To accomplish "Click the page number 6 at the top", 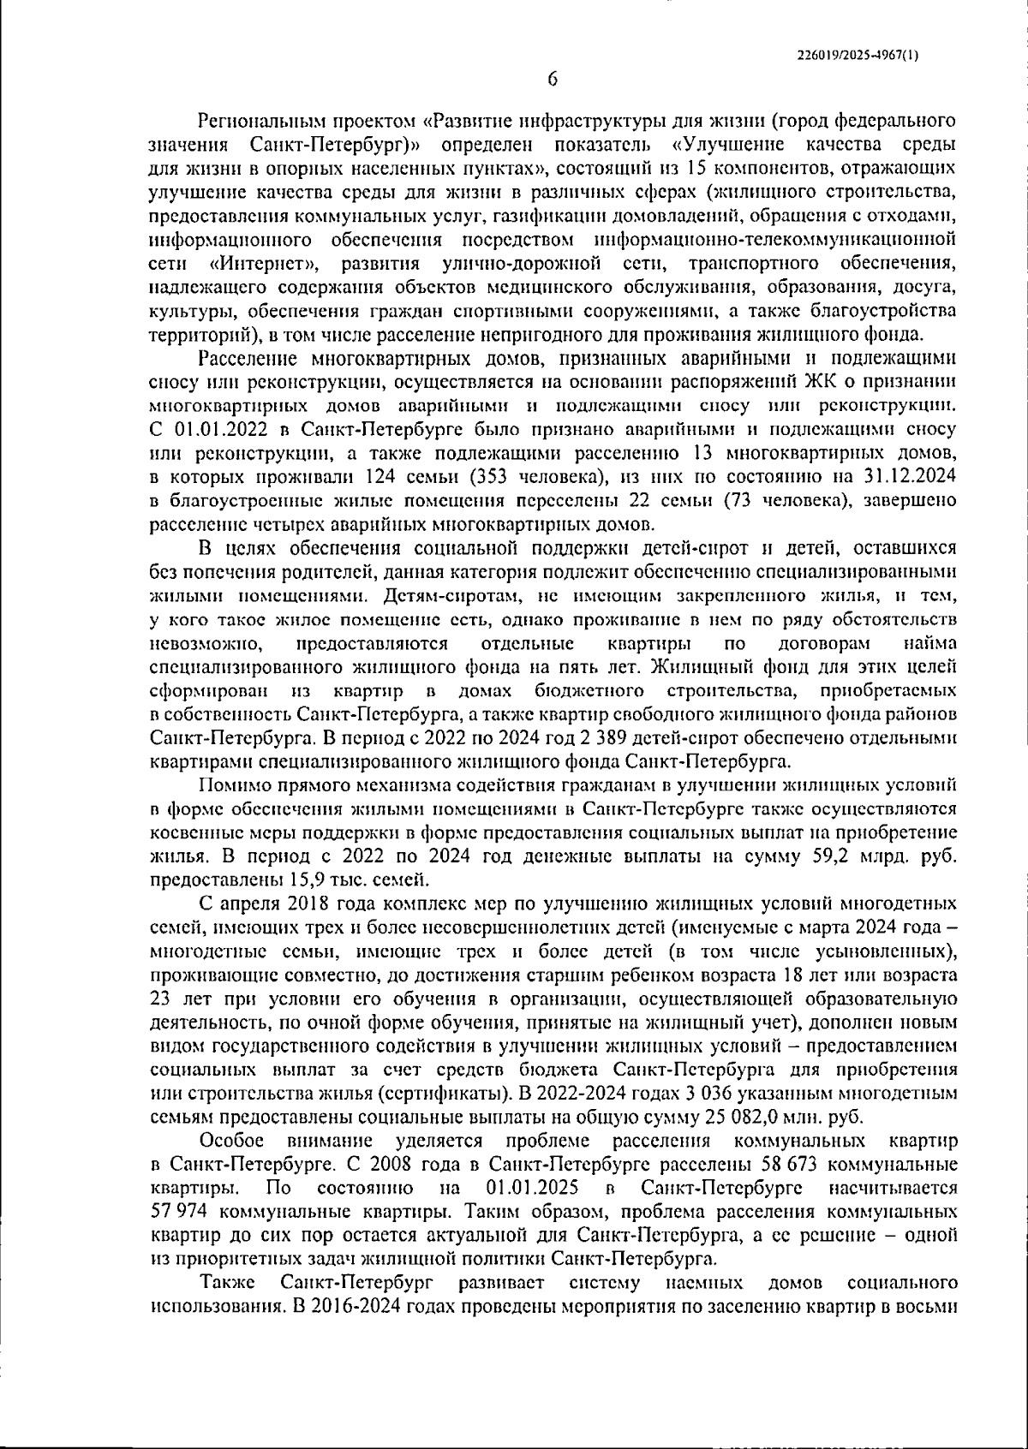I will point(552,80).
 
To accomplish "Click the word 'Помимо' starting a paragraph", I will point(232,784).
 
